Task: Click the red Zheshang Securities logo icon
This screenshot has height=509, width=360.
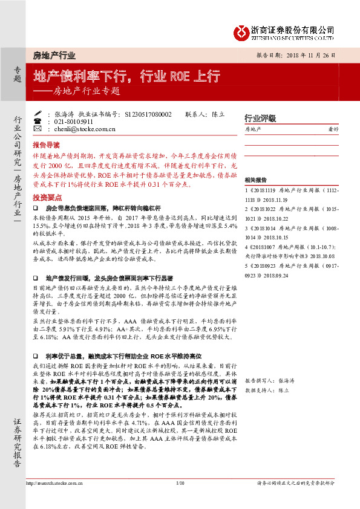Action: tap(241, 31)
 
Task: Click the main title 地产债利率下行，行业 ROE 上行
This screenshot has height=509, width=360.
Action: tap(126, 77)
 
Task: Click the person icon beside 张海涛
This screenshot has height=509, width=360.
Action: tap(38, 114)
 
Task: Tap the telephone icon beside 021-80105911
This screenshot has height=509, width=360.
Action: tap(38, 121)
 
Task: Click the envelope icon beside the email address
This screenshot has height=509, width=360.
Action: tap(38, 129)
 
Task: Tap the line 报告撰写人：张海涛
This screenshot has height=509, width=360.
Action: tap(269, 382)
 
